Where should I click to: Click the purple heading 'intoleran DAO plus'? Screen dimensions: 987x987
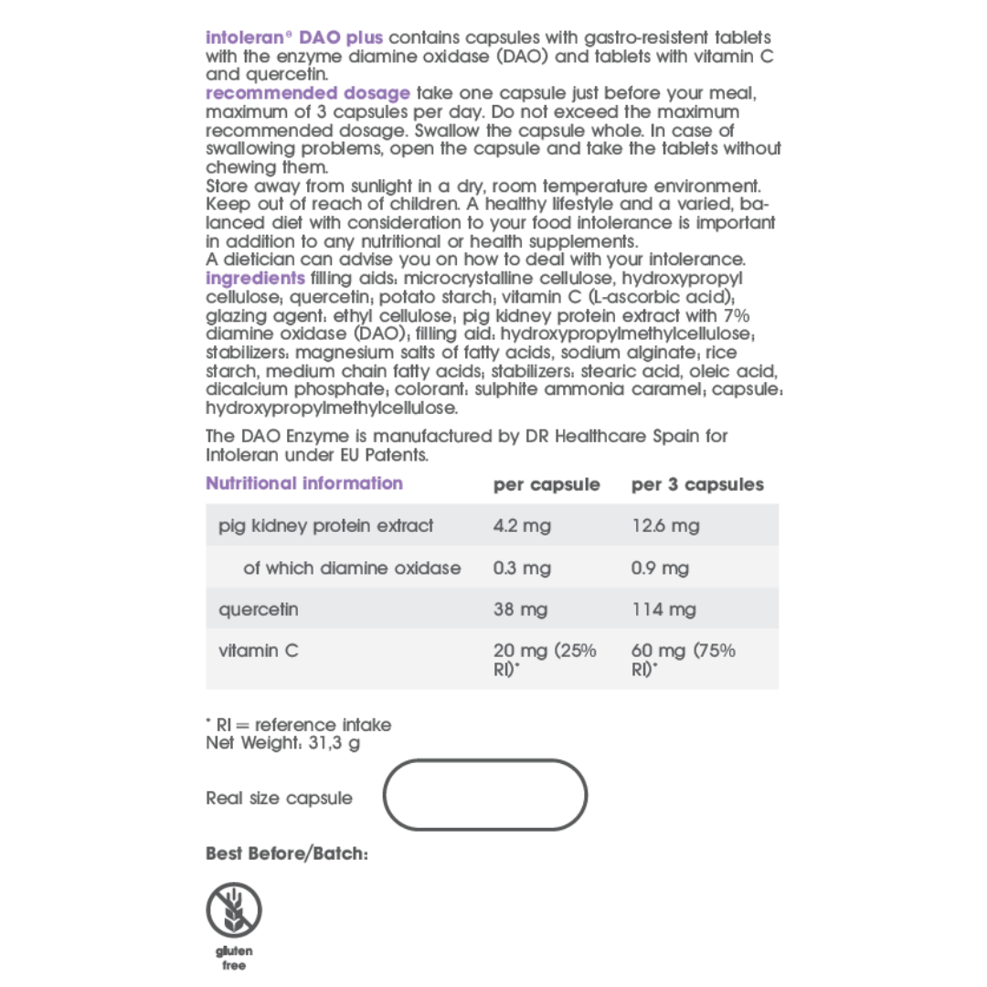pyautogui.click(x=294, y=38)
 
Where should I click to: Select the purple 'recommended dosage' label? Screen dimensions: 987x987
pyautogui.click(x=307, y=93)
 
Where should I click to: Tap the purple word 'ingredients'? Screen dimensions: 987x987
pyautogui.click(x=255, y=278)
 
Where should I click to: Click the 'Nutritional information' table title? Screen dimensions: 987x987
pyautogui.click(x=303, y=483)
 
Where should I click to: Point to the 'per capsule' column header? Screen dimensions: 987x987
pyautogui.click(x=547, y=484)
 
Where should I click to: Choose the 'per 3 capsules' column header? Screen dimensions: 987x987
pyautogui.click(x=696, y=484)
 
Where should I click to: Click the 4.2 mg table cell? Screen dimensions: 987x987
pyautogui.click(x=522, y=525)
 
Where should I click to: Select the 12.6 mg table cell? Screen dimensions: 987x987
pyautogui.click(x=664, y=525)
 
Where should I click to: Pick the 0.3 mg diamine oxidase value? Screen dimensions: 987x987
pyautogui.click(x=522, y=568)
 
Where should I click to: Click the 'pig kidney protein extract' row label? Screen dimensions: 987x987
pyautogui.click(x=325, y=525)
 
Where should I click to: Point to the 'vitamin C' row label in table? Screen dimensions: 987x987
pyautogui.click(x=259, y=652)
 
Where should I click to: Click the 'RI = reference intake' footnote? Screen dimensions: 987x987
pyautogui.click(x=299, y=725)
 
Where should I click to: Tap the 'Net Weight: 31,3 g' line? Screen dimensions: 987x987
pyautogui.click(x=282, y=743)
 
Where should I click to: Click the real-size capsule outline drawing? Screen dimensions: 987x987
pyautogui.click(x=484, y=795)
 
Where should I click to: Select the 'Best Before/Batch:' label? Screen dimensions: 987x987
pyautogui.click(x=286, y=854)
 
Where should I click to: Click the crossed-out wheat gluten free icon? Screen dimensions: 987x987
pyautogui.click(x=234, y=911)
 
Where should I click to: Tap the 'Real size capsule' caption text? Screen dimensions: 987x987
pyautogui.click(x=279, y=798)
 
